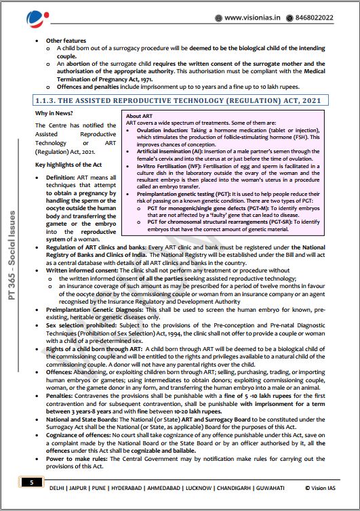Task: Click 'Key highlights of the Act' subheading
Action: click(69, 165)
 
